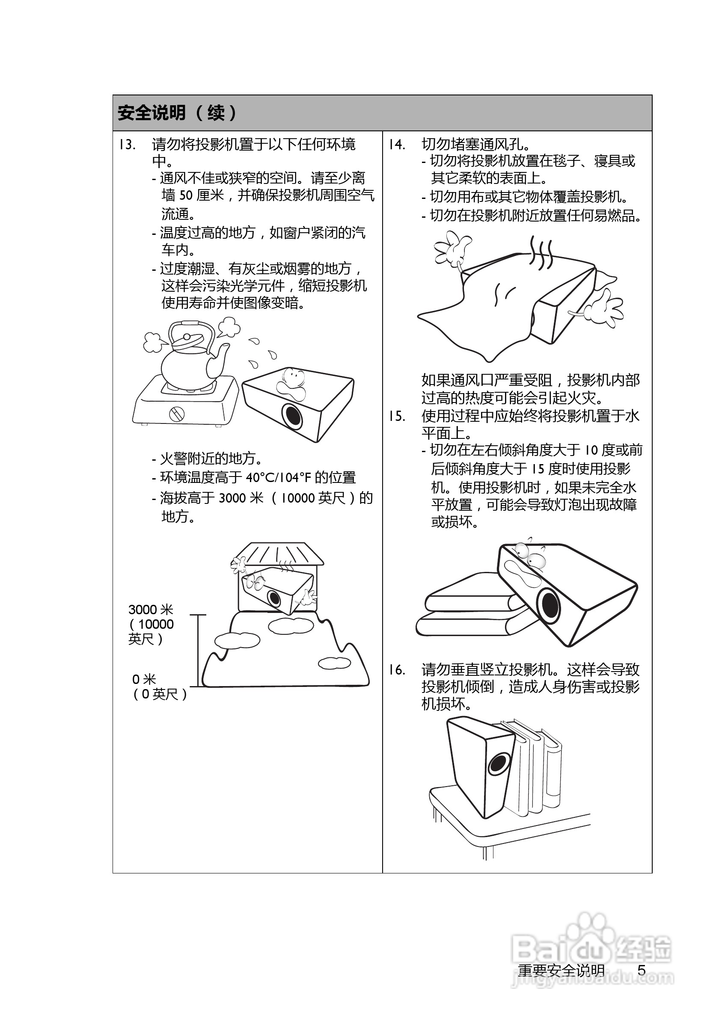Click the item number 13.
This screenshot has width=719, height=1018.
click(127, 145)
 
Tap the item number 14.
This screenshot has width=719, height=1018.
click(397, 145)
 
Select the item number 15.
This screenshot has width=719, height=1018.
click(397, 416)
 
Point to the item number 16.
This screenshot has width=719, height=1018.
click(397, 669)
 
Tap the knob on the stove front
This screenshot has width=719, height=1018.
click(177, 414)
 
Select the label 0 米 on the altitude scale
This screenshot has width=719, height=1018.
click(144, 679)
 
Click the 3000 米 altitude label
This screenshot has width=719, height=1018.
click(150, 610)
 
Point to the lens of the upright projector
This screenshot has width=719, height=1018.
click(497, 764)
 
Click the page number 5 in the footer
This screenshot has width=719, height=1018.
click(642, 971)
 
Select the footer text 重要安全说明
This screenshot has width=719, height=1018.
click(561, 971)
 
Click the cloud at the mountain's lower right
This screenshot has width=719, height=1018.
click(334, 663)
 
